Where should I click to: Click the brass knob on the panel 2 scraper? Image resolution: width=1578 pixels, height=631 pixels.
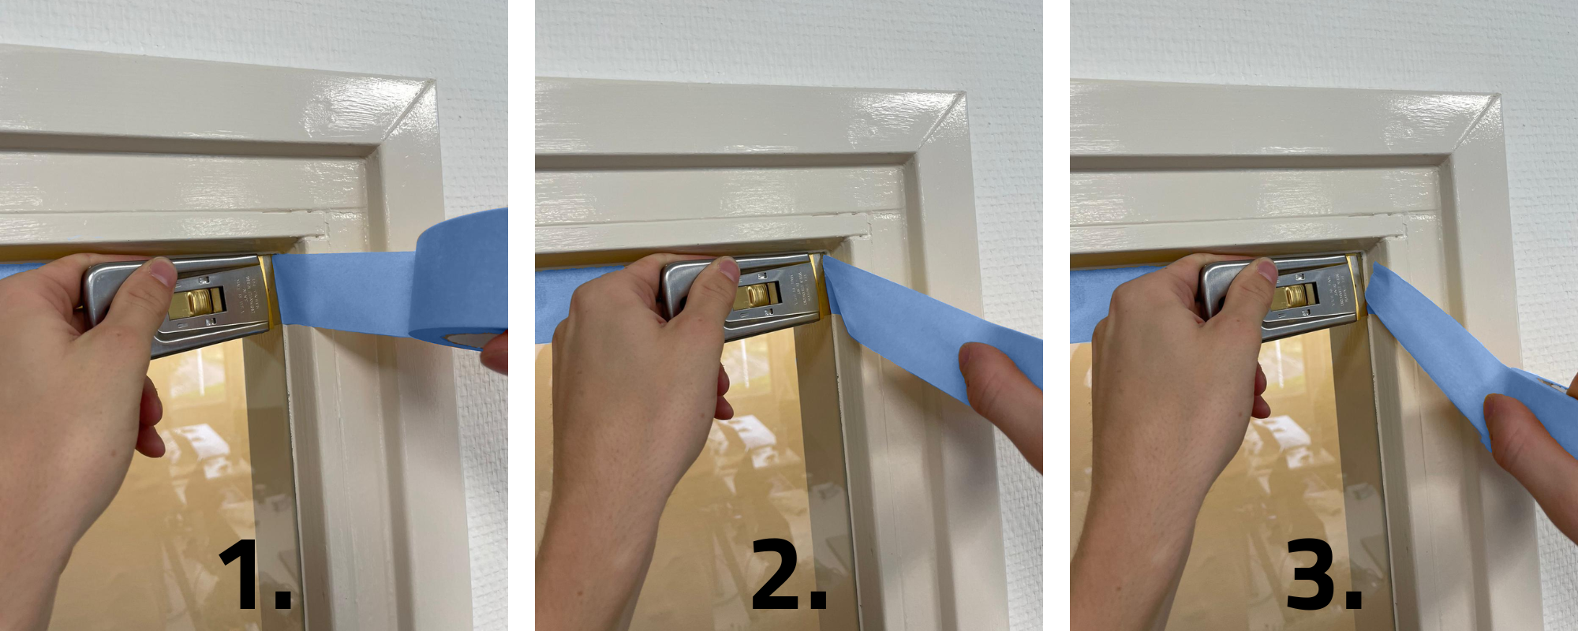pos(759,295)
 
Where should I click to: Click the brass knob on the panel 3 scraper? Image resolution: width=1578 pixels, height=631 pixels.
pos(1296,297)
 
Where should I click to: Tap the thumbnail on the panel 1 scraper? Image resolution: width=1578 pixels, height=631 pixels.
pos(163,271)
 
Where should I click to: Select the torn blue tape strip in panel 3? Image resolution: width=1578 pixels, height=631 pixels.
pos(1428,339)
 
